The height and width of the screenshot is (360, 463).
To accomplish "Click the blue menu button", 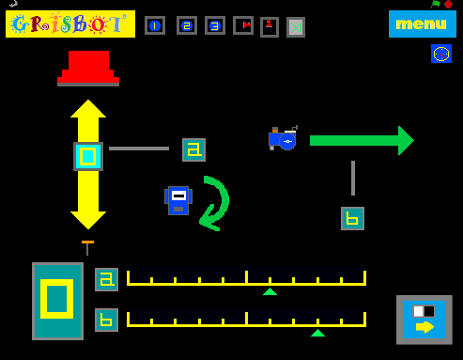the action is click(x=422, y=23).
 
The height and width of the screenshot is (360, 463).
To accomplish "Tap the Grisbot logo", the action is click(x=70, y=24).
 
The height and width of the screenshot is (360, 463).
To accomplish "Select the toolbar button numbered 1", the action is click(x=155, y=25).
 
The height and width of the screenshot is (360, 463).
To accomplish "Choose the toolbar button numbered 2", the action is click(x=187, y=25).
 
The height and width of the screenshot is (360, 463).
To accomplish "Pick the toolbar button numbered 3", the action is click(x=215, y=25).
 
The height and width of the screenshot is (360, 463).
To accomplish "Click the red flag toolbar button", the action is click(x=243, y=25).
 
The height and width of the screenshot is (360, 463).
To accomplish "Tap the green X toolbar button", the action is click(x=296, y=27).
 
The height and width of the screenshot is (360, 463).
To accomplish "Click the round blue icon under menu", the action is click(x=441, y=54).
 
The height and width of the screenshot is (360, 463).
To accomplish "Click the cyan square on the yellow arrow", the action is click(x=88, y=156).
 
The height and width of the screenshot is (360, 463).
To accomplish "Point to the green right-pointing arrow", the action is click(x=362, y=140).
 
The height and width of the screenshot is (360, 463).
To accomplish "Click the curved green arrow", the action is click(x=214, y=202).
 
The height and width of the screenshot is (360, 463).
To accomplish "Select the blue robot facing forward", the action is click(x=178, y=199).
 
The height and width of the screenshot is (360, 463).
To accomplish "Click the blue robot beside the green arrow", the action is click(x=283, y=139).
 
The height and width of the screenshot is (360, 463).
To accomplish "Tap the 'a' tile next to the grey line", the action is click(x=193, y=149).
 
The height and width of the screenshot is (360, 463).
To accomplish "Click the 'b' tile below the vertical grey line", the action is click(x=352, y=218).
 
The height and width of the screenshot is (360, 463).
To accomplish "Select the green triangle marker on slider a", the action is click(x=270, y=291).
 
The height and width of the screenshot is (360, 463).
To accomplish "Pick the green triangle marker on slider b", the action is click(x=317, y=332).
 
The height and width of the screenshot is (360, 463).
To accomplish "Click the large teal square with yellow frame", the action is click(x=57, y=301).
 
